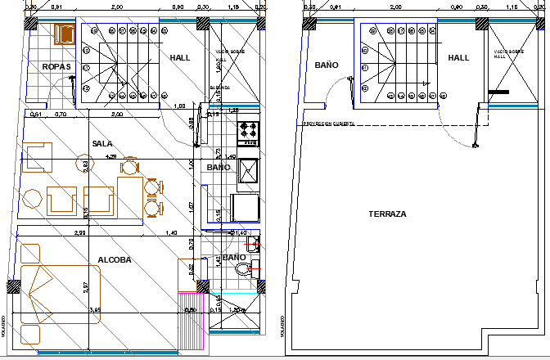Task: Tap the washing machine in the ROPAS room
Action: tap(63, 34)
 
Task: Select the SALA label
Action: tap(102, 143)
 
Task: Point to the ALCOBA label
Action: tap(115, 260)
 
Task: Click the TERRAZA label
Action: tap(387, 214)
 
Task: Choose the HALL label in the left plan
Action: tap(180, 58)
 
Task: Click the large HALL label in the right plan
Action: tap(458, 57)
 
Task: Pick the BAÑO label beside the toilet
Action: tap(234, 257)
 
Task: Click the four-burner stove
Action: tap(248, 131)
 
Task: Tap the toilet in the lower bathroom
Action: tap(253, 263)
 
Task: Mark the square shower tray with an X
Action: tap(248, 170)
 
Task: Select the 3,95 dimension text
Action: tap(95, 310)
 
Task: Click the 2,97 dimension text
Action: tap(85, 286)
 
